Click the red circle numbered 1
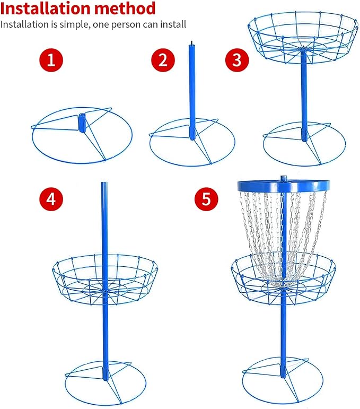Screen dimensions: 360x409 [51, 60]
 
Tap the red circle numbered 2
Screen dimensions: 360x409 [163, 60]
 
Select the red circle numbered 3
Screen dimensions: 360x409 [237, 60]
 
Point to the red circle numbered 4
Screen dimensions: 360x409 [51, 199]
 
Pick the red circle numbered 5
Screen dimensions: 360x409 [206, 199]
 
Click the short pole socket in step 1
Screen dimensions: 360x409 [82, 123]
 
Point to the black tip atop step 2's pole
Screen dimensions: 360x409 [191, 43]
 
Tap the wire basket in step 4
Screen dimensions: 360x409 [105, 279]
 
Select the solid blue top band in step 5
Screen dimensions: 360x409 [283, 186]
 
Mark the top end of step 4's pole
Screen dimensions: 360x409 [104, 182]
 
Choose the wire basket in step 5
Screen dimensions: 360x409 [283, 279]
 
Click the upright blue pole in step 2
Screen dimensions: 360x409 [192, 91]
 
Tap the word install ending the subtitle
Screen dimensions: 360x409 [173, 24]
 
